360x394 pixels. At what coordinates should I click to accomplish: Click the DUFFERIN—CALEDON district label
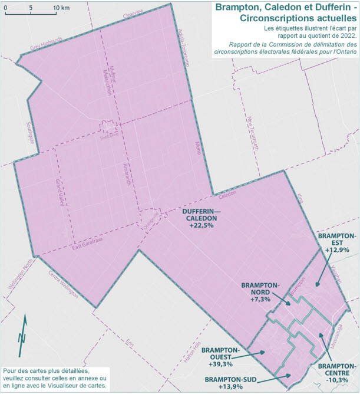(200, 214)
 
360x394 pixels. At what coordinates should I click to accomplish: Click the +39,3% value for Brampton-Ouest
(221, 365)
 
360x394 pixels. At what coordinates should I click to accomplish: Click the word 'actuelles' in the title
(328, 18)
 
